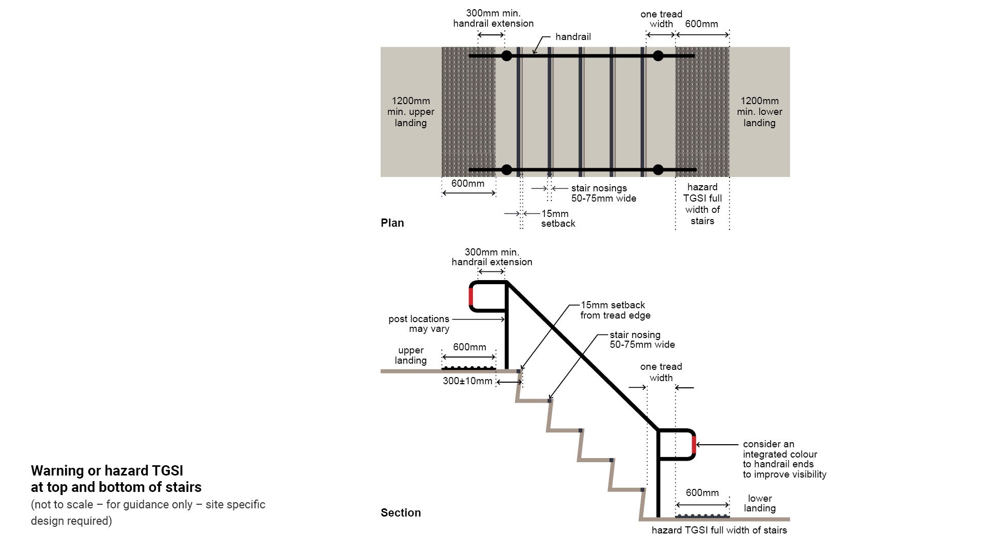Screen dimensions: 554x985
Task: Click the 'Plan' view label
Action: pos(392,223)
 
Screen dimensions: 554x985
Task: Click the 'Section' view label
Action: pos(400,512)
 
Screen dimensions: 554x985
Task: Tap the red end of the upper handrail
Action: pos(471,296)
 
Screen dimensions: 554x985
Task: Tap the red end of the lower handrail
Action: pos(694,445)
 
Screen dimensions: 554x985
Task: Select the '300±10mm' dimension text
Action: pos(467,381)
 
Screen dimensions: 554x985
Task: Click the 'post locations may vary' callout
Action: pos(419,324)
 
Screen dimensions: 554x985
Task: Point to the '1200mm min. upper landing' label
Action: pos(410,112)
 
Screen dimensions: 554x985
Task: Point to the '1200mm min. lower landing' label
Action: pos(759,112)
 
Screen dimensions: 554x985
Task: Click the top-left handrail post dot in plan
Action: pos(506,56)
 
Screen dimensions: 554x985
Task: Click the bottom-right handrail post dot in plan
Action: pos(658,170)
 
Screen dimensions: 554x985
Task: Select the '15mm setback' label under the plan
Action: pos(558,219)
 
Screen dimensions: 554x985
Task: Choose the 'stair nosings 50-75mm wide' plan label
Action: pos(603,193)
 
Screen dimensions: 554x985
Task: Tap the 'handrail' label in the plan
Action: pos(573,37)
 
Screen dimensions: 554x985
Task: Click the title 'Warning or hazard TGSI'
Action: pos(107,470)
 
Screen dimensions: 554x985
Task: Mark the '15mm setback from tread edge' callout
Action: pos(615,310)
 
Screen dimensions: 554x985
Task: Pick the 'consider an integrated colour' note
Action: pos(784,459)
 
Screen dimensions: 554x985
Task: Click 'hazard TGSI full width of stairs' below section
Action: pos(719,530)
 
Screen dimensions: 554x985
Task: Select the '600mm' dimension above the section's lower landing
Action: pos(702,492)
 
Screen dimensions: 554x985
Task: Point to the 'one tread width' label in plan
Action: pos(661,19)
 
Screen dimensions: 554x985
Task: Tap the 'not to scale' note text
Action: pos(148,512)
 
